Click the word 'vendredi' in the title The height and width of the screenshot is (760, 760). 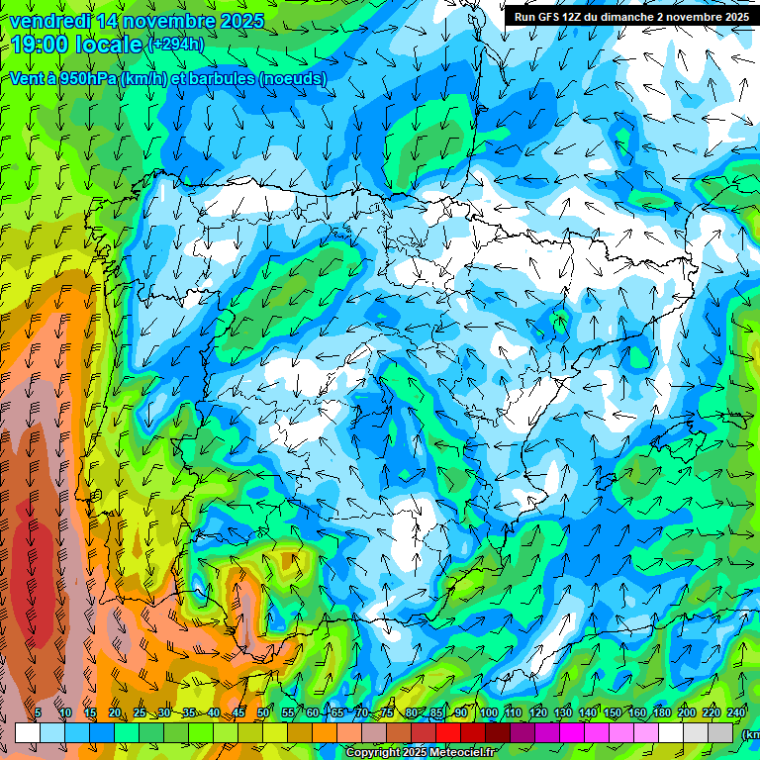coord(47,21)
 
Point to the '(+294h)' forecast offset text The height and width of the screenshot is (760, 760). coord(176,45)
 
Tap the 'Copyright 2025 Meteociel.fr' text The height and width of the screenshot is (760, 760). coord(420,753)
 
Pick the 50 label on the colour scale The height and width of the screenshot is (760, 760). coord(262,713)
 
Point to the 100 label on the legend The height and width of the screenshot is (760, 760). coord(489,713)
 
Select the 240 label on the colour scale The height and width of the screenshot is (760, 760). coord(736,713)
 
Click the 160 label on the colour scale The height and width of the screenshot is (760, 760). coord(637,713)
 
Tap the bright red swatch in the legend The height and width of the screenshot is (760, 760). coord(448,732)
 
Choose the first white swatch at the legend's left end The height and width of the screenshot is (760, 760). coord(28,732)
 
